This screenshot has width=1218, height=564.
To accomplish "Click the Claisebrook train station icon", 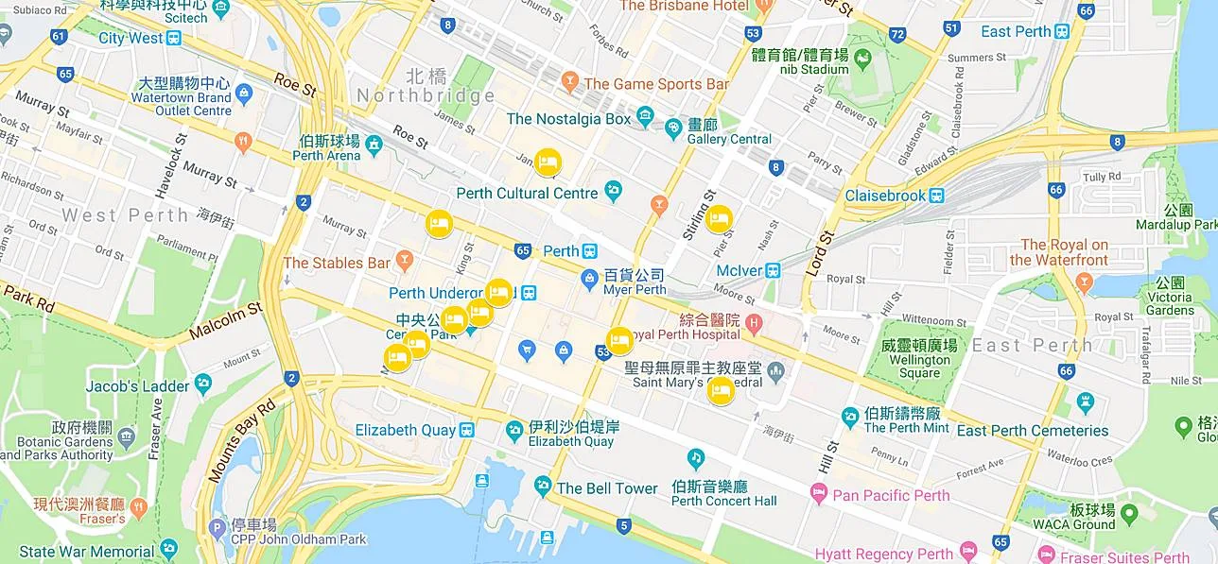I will point(936,196).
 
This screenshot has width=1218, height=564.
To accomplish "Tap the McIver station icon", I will point(773,270).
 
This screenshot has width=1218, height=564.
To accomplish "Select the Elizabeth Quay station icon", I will point(466,431).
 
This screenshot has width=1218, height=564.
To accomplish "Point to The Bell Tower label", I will point(606,488).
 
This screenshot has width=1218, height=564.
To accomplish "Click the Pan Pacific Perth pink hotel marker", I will point(819,494).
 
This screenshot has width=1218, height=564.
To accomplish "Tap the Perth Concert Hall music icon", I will point(697,459).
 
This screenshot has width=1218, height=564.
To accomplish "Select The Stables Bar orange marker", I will point(405,258).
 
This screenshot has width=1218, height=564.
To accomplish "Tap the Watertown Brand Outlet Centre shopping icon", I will point(244,93).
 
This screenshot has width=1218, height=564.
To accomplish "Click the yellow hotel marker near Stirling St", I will point(719,219).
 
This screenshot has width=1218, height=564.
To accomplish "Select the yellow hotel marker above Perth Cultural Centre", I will point(547,162).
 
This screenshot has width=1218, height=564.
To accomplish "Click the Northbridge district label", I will point(426,95).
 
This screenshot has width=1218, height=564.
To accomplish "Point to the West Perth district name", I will point(126,215).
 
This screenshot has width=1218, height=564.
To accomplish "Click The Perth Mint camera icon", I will point(850,416).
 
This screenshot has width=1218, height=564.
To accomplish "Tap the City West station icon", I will point(173,39).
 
